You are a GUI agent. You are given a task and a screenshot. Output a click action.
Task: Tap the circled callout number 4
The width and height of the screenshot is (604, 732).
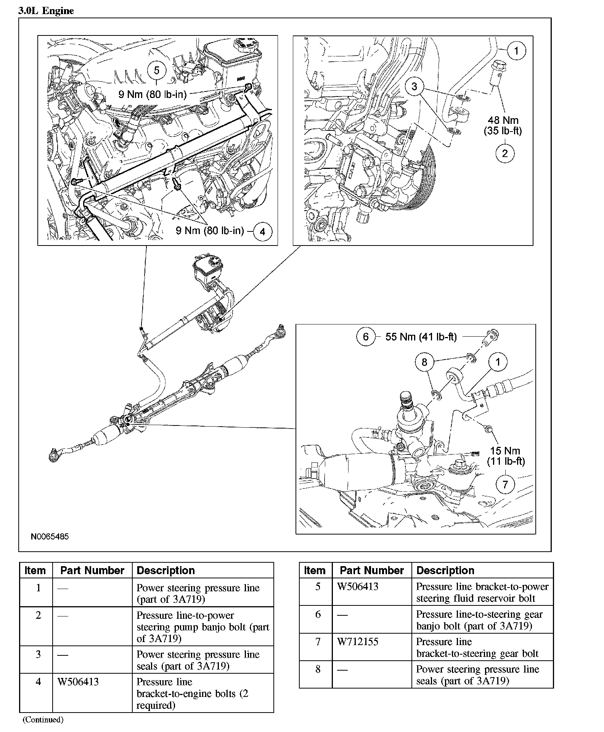click(x=262, y=231)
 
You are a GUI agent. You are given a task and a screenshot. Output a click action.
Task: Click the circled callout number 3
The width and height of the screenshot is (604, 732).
click(x=414, y=87)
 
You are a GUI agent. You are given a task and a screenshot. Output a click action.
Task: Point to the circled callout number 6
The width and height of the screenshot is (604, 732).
click(x=366, y=337)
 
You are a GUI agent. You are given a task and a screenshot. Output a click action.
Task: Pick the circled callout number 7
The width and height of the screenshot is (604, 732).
click(x=505, y=485)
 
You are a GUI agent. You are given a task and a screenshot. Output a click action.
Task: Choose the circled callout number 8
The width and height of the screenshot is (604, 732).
click(x=424, y=361)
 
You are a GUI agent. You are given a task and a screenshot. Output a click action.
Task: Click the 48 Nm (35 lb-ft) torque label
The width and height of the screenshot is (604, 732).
click(x=503, y=126)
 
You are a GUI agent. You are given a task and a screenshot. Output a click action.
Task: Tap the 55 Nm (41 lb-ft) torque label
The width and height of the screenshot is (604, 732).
click(x=421, y=337)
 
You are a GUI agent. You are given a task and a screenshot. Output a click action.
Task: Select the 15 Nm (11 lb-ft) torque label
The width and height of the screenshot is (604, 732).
click(x=506, y=456)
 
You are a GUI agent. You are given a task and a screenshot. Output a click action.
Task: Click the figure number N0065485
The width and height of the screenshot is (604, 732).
click(x=50, y=536)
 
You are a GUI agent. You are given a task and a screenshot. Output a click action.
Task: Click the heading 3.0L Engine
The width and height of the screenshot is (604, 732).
click(x=46, y=11)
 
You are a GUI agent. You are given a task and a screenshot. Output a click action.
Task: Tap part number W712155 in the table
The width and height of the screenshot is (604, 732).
click(x=358, y=642)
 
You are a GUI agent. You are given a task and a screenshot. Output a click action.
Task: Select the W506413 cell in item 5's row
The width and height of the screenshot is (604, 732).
click(x=358, y=587)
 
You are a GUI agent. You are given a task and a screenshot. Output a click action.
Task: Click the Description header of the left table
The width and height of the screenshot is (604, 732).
click(x=165, y=570)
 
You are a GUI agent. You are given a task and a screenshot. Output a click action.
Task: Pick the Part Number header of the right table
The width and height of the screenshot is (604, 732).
click(x=371, y=570)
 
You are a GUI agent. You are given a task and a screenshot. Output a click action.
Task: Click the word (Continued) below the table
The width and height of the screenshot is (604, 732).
click(x=43, y=719)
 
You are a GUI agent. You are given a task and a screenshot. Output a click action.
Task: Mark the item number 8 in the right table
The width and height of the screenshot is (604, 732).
click(x=318, y=669)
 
